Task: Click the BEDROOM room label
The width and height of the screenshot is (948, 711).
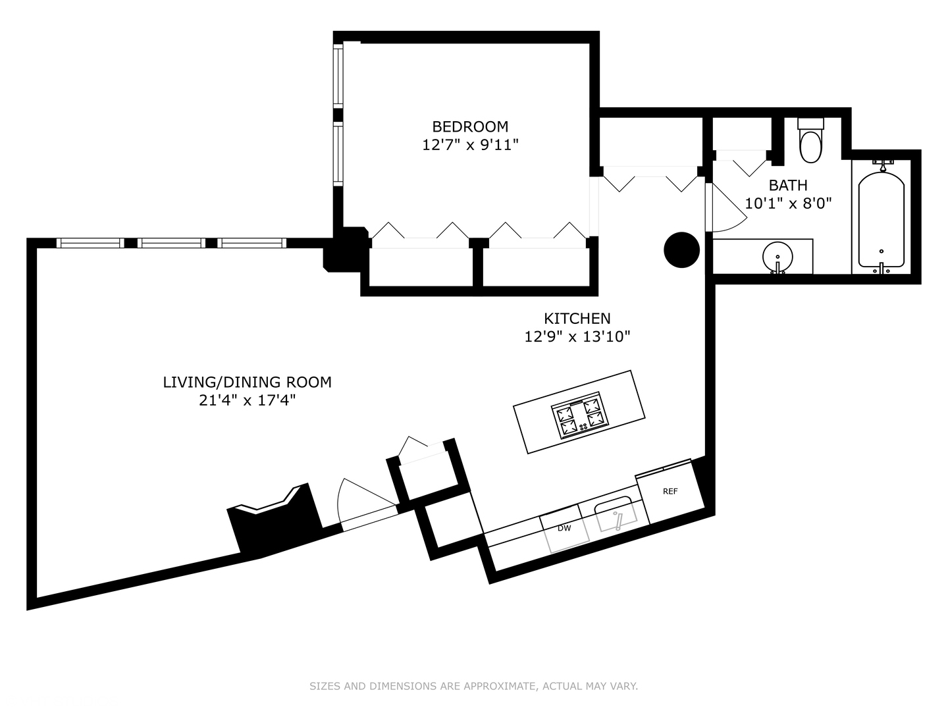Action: tap(470, 126)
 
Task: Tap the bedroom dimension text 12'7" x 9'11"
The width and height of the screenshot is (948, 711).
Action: tap(470, 145)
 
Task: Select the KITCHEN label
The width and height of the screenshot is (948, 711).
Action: tap(577, 319)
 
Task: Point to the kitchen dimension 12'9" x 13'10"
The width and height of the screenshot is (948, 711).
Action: tap(577, 337)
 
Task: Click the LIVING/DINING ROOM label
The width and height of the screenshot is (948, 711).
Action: tap(247, 382)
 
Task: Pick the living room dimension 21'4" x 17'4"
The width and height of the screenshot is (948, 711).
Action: tap(247, 400)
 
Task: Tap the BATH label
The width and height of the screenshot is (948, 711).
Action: tap(787, 186)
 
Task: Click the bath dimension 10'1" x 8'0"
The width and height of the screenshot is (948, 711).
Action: tap(788, 203)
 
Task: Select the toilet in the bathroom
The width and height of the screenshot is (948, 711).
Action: tap(810, 142)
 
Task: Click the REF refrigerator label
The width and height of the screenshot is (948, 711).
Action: tap(670, 491)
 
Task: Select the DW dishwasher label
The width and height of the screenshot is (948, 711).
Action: tap(564, 528)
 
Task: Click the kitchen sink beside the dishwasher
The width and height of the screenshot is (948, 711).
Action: tap(616, 516)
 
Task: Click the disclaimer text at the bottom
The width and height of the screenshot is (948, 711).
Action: tap(473, 686)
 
